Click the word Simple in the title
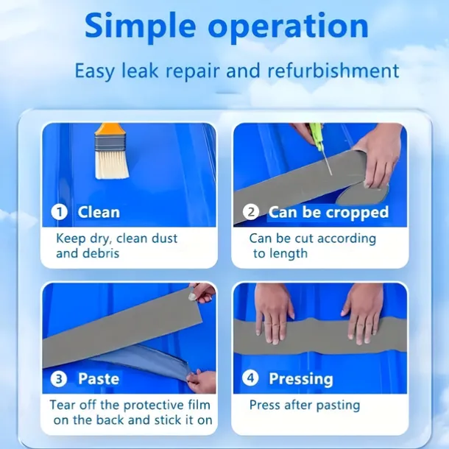point(141,26)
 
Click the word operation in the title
point(288,26)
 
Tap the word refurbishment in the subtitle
point(333,71)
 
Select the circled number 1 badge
point(60,212)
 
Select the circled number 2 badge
point(251,212)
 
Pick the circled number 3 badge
point(59,379)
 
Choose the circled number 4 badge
point(250,378)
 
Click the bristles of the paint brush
point(112,164)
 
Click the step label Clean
point(99,212)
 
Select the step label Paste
point(99,378)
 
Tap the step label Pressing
point(301,379)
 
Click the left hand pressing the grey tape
point(274,312)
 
